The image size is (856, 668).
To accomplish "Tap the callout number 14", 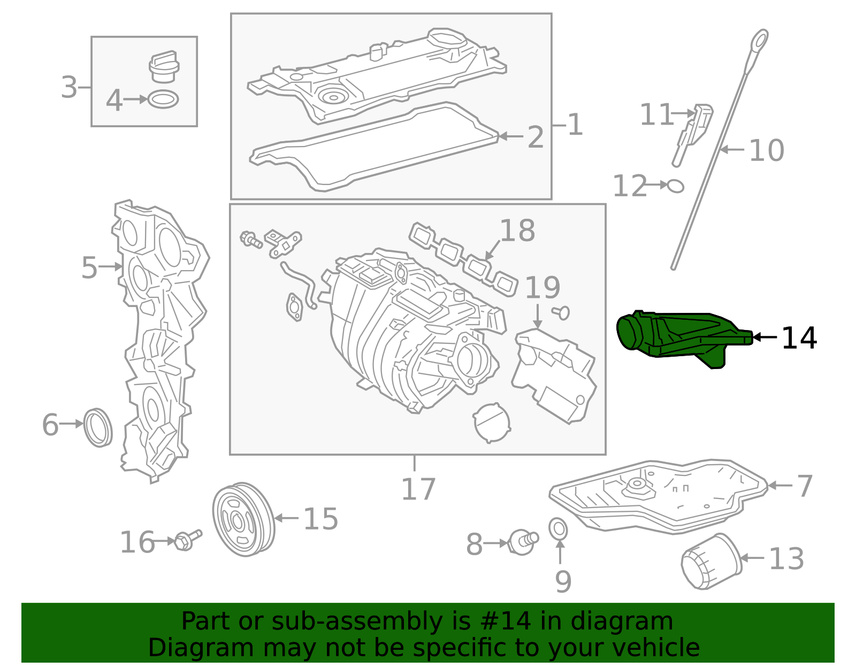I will click(799, 338).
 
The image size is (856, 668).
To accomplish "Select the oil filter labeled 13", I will click(710, 562).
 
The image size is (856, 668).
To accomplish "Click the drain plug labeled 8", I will click(522, 541).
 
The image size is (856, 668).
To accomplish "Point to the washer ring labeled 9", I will click(559, 528).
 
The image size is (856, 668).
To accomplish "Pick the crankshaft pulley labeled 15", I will click(243, 519).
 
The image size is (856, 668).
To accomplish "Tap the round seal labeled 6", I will click(98, 427).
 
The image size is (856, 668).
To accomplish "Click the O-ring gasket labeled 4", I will click(163, 99).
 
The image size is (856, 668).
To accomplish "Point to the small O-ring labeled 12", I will click(676, 186).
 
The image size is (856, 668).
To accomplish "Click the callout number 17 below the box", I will click(418, 489).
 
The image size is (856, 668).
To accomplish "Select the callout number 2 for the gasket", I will click(535, 137).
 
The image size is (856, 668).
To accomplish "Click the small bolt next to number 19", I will click(562, 312).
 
